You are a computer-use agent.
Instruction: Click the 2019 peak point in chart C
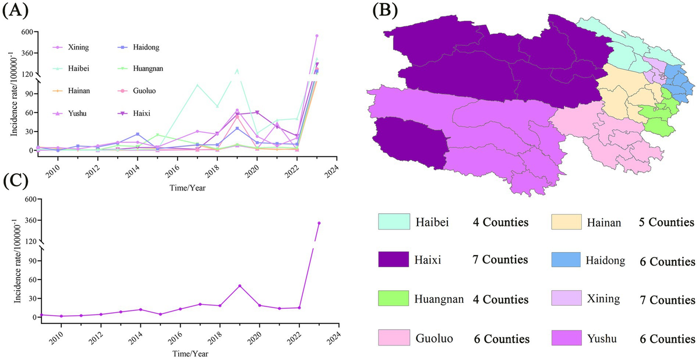pyautogui.click(x=239, y=286)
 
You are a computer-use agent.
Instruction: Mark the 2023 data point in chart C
pyautogui.click(x=319, y=223)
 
